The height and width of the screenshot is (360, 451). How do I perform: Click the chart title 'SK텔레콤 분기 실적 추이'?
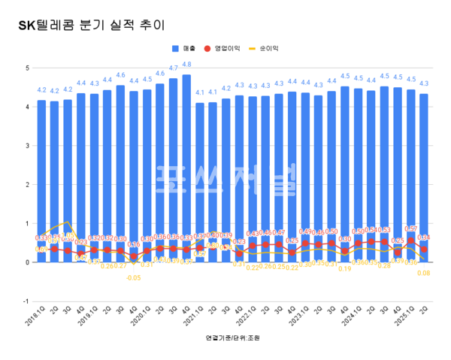pos(89,25)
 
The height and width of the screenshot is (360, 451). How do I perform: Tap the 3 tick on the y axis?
pos(26,146)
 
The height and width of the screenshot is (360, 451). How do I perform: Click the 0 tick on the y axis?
pos(26,262)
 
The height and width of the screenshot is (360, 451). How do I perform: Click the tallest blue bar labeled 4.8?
pos(186,165)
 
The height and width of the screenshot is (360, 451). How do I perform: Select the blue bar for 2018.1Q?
pos(41,180)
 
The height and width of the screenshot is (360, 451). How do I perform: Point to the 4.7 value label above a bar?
pos(173,68)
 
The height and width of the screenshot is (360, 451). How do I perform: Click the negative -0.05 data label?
pos(133,277)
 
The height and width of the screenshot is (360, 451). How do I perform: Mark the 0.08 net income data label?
pos(425,273)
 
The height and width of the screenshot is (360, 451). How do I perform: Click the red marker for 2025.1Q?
pos(411,241)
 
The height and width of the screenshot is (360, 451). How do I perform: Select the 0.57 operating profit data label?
pos(411,228)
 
